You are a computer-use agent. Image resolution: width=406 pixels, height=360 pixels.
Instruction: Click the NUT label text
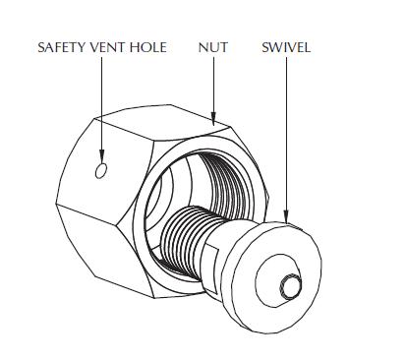click(x=213, y=47)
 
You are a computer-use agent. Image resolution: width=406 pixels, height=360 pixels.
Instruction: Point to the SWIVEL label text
click(x=286, y=47)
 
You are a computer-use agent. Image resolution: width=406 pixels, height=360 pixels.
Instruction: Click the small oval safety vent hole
click(x=100, y=172)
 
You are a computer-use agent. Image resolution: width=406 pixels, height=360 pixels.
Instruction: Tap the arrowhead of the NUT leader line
click(x=213, y=116)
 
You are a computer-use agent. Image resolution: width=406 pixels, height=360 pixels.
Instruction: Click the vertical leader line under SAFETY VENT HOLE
click(x=100, y=108)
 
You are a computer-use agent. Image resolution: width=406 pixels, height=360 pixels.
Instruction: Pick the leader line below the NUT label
click(x=213, y=84)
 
